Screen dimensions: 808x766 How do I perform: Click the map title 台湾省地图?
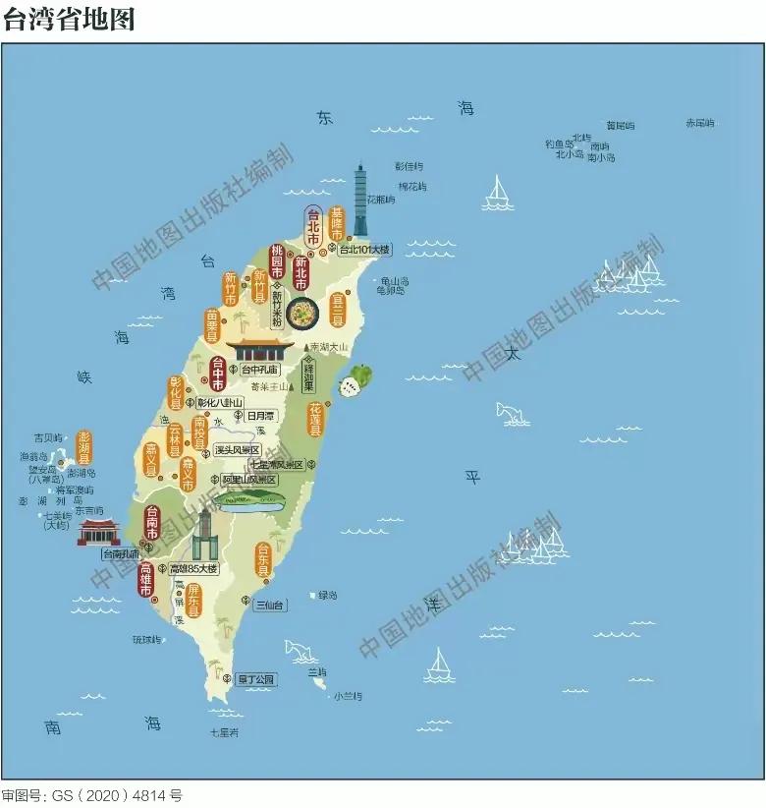tap(69, 19)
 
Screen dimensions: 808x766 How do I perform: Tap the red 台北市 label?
tap(313, 227)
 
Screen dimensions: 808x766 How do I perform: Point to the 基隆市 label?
tap(337, 225)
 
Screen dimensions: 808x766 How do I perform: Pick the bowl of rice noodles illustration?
tap(304, 314)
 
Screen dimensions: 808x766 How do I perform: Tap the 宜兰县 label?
tap(338, 309)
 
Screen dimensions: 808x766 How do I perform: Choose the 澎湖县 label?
tap(84, 448)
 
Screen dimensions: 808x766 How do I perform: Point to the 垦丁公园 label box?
tap(257, 678)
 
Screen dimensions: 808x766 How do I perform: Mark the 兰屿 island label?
tap(316, 671)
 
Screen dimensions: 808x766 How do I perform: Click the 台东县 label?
tap(263, 559)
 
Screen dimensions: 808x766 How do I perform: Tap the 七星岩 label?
tap(224, 732)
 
